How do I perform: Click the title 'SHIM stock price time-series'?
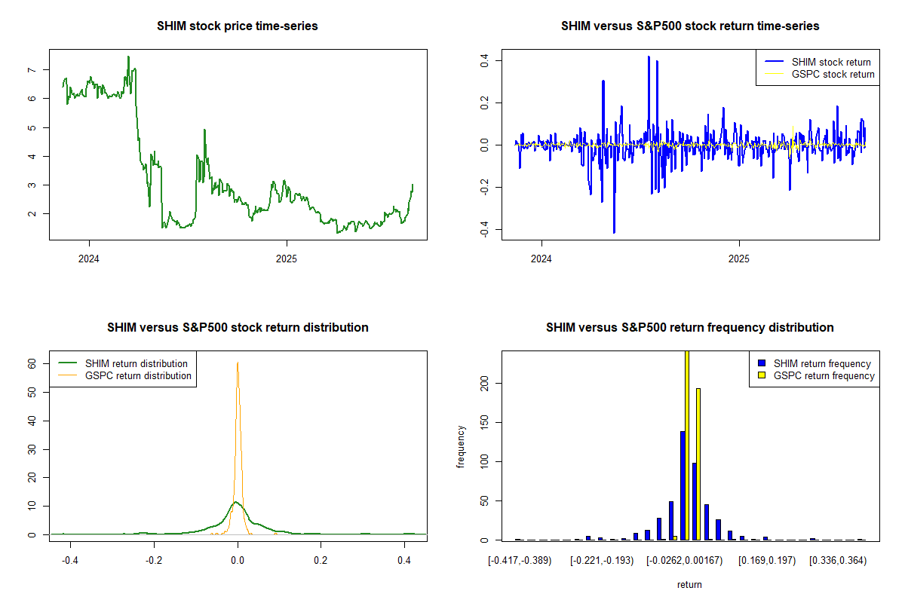[x=238, y=26]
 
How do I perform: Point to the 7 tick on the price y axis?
[x=31, y=70]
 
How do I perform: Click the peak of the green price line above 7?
[x=128, y=57]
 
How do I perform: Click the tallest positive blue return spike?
[x=649, y=57]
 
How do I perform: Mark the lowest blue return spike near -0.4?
[x=614, y=232]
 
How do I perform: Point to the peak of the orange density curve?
[x=238, y=363]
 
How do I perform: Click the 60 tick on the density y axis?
[x=32, y=363]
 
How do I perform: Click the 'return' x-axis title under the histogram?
[x=689, y=584]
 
